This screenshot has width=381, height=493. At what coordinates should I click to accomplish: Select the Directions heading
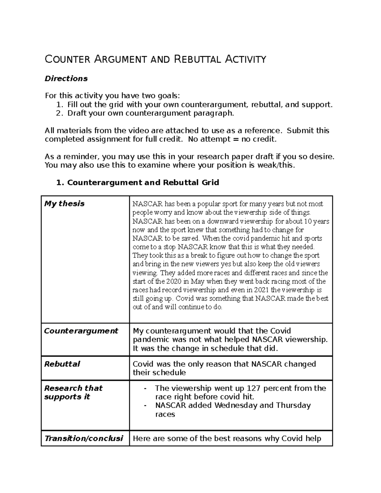click(x=66, y=78)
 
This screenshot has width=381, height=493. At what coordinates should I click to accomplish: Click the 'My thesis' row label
click(x=64, y=204)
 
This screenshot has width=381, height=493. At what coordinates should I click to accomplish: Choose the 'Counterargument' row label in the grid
click(x=81, y=331)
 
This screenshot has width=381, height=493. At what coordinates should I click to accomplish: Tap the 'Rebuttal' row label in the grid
click(x=62, y=364)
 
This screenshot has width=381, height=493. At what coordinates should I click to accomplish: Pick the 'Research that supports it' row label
click(x=73, y=392)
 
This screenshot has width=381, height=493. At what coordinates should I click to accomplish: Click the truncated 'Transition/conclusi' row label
click(x=84, y=438)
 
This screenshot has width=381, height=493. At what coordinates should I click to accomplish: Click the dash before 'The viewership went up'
click(x=145, y=388)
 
